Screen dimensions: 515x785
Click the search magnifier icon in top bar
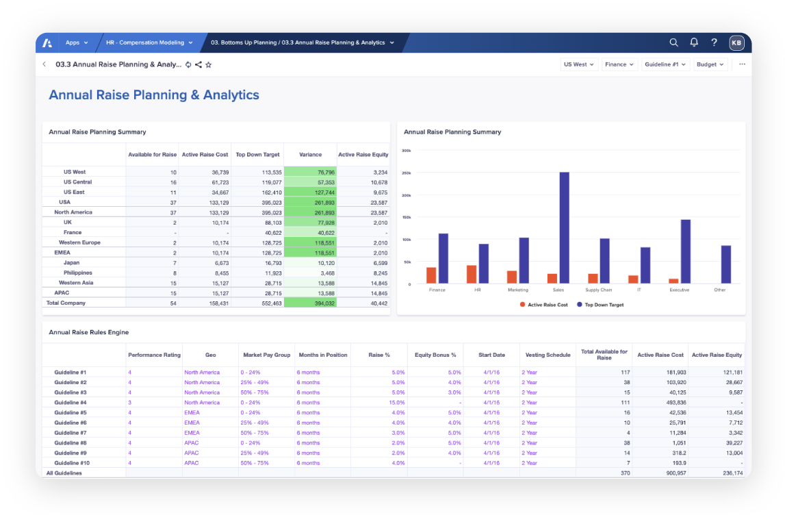click(673, 42)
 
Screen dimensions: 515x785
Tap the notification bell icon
click(694, 42)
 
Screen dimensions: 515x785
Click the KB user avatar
click(736, 42)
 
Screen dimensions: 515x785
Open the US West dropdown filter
click(578, 64)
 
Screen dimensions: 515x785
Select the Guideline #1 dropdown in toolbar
click(665, 64)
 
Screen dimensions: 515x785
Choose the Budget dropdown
click(710, 64)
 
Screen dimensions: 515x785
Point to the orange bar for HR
click(472, 274)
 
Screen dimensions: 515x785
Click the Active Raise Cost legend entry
click(544, 305)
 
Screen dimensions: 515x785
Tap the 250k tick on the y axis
click(407, 173)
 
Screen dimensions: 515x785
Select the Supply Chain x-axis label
click(598, 290)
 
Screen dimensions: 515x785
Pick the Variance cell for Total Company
click(310, 303)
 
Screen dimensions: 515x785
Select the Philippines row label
click(78, 273)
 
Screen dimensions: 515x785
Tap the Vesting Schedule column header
click(548, 355)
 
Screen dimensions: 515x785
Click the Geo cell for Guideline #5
click(192, 413)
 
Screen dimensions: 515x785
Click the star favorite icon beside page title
click(209, 64)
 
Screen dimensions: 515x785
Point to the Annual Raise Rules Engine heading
click(89, 332)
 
